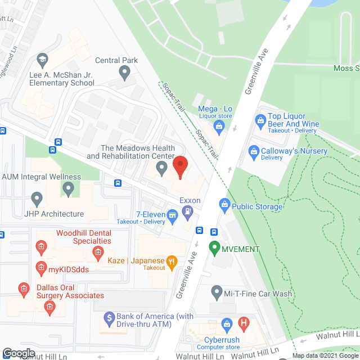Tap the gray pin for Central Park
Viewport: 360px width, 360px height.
coord(125,72)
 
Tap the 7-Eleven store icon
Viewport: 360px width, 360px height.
coord(173,213)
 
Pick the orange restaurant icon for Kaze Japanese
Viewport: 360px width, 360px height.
coord(173,261)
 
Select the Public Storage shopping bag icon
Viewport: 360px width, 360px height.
coord(225,204)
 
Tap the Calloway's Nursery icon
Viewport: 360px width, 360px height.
coord(254,151)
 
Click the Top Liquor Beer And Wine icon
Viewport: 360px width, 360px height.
coord(260,120)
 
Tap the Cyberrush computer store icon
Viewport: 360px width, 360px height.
coord(227,323)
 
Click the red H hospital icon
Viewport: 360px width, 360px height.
coord(244,323)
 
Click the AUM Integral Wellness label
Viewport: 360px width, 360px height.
coord(41,177)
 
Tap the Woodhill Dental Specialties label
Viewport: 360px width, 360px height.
coord(83,237)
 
